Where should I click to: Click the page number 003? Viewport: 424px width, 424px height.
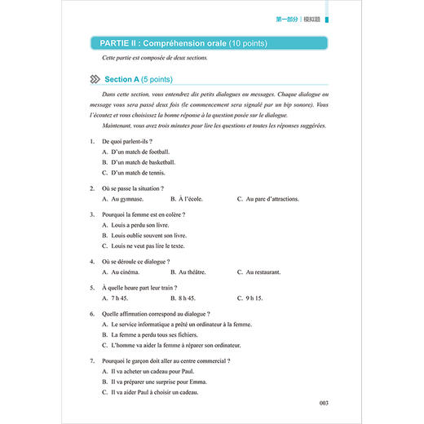pyautogui.click(x=324, y=402)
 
